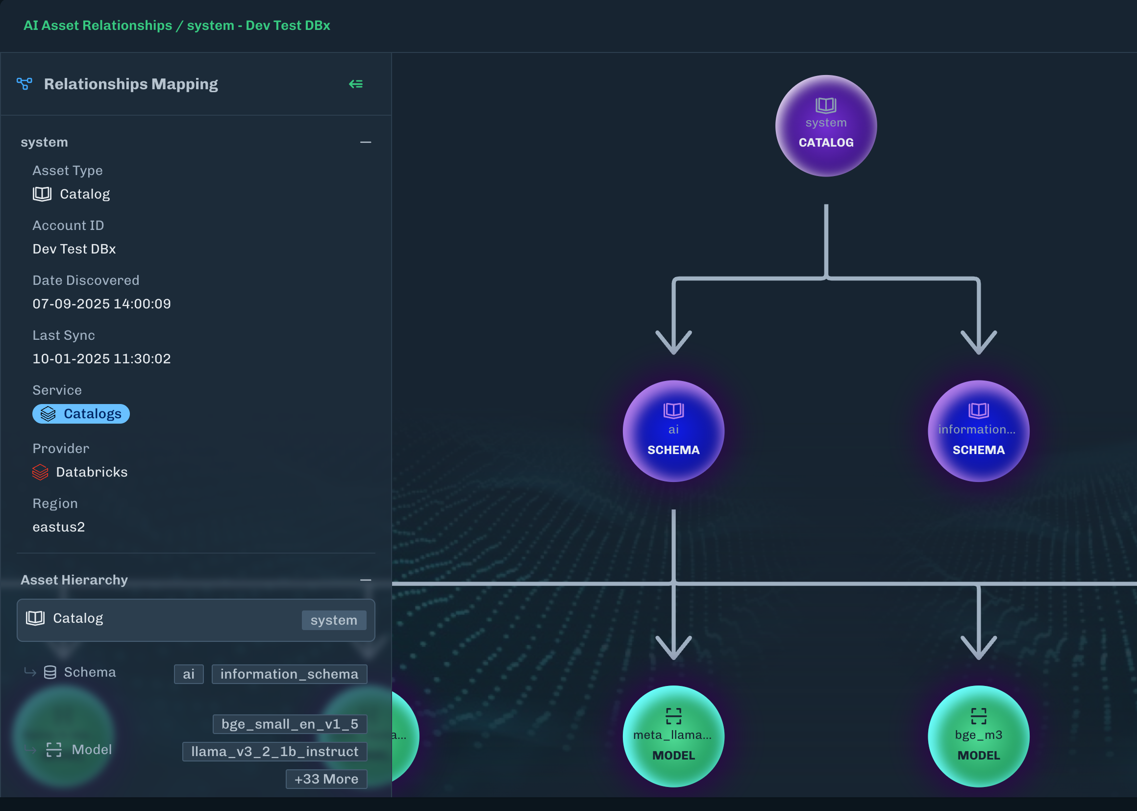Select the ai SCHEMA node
(673, 431)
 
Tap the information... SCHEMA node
(978, 431)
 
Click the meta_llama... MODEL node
(673, 736)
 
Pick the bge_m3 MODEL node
(978, 736)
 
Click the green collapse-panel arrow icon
(356, 84)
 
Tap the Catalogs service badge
(81, 414)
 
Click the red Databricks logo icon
(40, 472)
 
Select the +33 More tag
(326, 779)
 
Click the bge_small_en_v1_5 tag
(290, 724)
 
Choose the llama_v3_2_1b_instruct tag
(274, 752)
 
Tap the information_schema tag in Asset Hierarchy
(289, 674)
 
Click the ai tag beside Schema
(189, 674)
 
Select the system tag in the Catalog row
(333, 620)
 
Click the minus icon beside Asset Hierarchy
(365, 580)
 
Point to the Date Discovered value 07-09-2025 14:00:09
(102, 304)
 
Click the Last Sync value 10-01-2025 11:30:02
(102, 358)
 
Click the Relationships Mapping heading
(131, 84)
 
